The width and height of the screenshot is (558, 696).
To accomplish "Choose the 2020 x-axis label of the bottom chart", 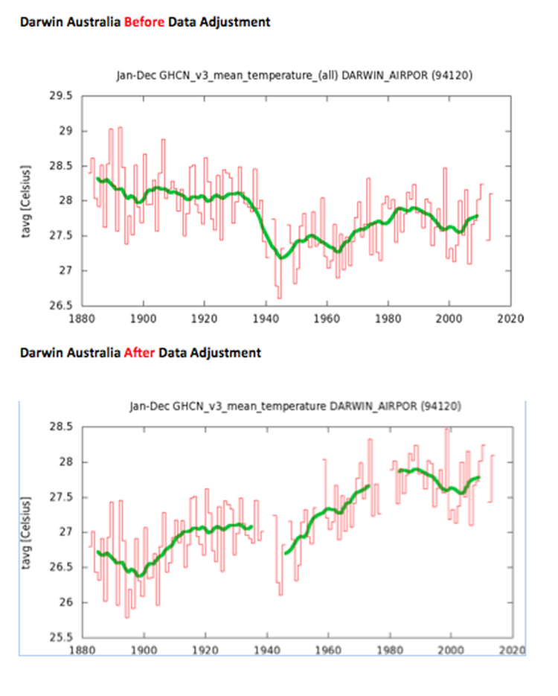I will pyautogui.click(x=511, y=650).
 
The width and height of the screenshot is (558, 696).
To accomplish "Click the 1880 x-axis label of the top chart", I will pyautogui.click(x=81, y=318).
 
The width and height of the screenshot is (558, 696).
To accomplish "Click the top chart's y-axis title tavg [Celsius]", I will pyautogui.click(x=28, y=199).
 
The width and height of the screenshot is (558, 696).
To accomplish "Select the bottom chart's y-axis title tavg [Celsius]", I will pyautogui.click(x=28, y=531).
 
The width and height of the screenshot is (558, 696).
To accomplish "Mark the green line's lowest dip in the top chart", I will pyautogui.click(x=280, y=257).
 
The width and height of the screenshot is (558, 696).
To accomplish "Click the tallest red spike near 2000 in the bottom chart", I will pyautogui.click(x=446, y=430).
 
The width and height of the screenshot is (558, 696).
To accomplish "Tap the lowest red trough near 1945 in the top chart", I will pyautogui.click(x=279, y=297).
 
